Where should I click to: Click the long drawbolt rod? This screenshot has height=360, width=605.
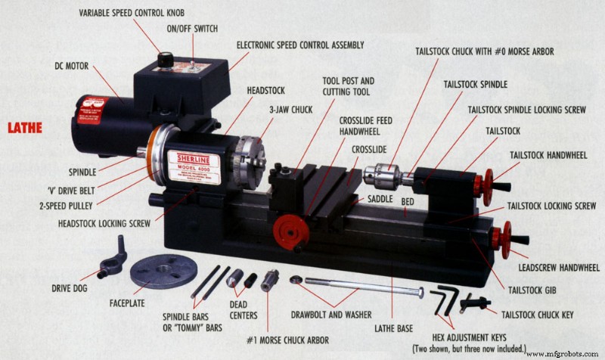pos(355,286)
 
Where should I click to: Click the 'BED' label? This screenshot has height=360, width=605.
pos(407,204)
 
